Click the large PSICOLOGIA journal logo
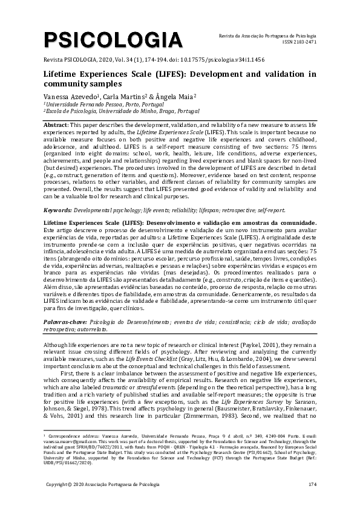[113, 41]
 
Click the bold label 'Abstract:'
[56, 124]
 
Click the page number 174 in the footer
[312, 485]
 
